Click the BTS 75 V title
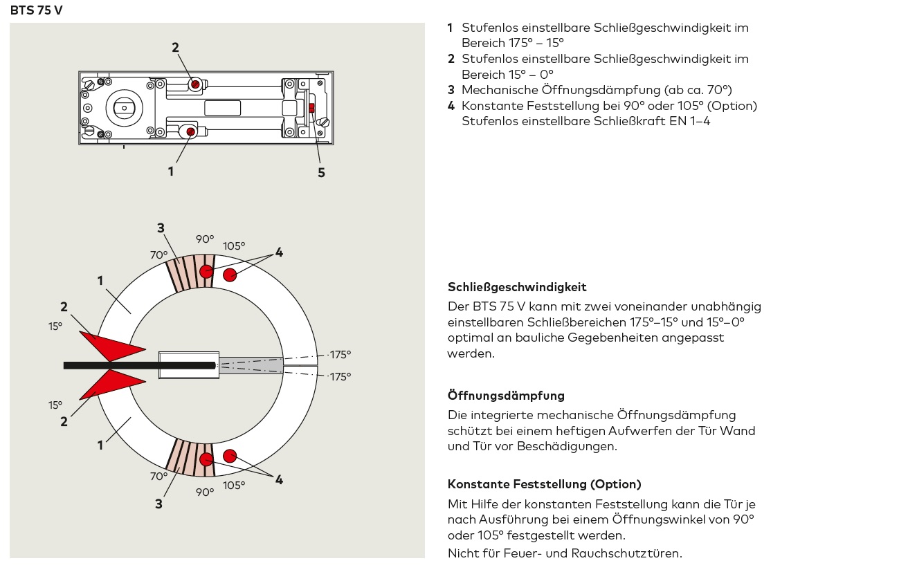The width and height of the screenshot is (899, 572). point(36,10)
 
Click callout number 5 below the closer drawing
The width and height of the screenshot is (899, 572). point(321,173)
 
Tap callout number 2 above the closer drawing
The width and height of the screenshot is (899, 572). point(175,48)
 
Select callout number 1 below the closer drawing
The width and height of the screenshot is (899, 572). point(171,171)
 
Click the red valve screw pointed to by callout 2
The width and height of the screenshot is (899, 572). point(195,84)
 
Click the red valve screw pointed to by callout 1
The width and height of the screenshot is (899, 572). point(190,131)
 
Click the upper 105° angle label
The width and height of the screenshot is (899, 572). point(234,246)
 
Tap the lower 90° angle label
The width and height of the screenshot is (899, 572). point(205,492)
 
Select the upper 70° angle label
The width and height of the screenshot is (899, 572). point(159,255)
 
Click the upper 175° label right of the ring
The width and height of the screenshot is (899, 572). point(339,355)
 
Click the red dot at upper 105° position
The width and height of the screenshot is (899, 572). point(230,275)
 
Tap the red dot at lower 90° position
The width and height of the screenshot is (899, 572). point(206,459)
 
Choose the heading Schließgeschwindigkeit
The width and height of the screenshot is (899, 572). point(517,287)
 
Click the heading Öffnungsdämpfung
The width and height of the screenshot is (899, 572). point(506,396)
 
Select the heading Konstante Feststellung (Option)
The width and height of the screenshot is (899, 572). point(544,484)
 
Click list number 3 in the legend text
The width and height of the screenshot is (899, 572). point(451,90)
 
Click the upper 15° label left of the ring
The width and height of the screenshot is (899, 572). point(55,326)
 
